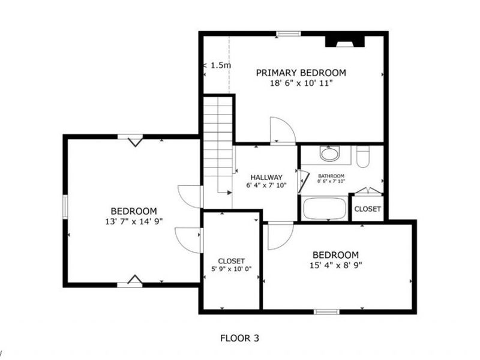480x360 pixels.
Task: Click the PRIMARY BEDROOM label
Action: (301, 73)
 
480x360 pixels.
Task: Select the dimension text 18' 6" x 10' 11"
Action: (301, 83)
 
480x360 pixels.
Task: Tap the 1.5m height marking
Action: (220, 65)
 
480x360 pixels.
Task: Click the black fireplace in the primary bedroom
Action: (345, 41)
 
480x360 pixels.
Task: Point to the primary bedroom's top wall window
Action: (289, 34)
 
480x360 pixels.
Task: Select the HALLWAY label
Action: (266, 177)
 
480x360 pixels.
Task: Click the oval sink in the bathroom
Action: (329, 154)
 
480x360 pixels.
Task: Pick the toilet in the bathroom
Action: (362, 157)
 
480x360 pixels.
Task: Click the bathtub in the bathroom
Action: (324, 209)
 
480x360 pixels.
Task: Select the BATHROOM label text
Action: (331, 176)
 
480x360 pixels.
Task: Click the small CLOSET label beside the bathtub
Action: (367, 209)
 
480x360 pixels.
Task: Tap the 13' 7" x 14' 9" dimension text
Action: (133, 221)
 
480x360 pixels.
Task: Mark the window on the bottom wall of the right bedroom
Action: (326, 311)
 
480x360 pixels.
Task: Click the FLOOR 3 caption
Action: (240, 338)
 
